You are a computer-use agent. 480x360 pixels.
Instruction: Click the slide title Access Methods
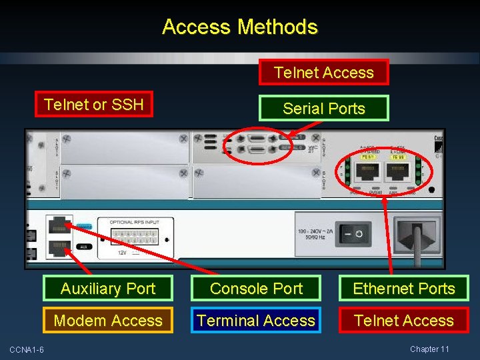coord(240,27)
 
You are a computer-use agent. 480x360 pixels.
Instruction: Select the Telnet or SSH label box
coord(94,104)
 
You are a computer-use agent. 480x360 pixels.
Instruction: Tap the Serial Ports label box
coord(324,109)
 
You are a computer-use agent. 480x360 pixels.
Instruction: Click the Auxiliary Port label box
coord(108,289)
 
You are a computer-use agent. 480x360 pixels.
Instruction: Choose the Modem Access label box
coord(108,321)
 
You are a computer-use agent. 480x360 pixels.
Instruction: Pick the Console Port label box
coord(257,289)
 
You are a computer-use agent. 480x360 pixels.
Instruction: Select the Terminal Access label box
coord(257,321)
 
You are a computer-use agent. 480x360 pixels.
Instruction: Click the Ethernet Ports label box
coord(404,289)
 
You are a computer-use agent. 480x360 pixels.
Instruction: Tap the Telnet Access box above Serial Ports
coord(324,73)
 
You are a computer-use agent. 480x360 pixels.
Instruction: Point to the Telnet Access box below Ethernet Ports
coord(404,321)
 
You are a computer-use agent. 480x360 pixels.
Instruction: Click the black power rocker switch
coord(354,235)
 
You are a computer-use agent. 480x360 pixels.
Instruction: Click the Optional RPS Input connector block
coord(136,237)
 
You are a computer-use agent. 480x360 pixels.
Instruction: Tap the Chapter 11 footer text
coord(429,349)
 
